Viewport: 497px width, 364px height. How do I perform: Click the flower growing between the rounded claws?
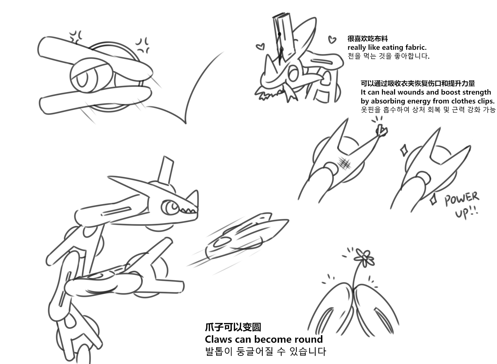click(364, 258)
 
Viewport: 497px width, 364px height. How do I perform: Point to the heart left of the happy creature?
click(260, 47)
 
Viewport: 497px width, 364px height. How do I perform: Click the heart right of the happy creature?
click(332, 39)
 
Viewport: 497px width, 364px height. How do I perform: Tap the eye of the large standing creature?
click(171, 207)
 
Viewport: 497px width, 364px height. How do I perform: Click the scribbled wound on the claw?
click(344, 164)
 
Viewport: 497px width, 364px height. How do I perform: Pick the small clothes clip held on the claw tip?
click(382, 131)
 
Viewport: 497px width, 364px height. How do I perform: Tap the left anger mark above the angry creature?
click(75, 37)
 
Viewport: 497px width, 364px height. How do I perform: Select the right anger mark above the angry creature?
click(142, 45)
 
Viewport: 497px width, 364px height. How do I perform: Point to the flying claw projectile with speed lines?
click(246, 238)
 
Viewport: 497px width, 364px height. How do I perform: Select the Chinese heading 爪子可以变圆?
click(233, 327)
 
